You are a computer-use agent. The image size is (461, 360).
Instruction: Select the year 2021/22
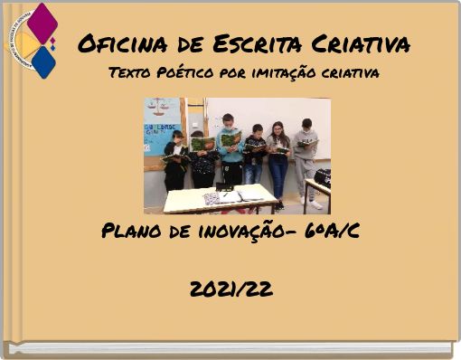(231, 289)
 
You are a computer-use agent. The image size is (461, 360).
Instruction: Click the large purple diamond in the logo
(42, 23)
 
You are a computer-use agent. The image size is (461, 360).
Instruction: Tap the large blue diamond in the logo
(42, 62)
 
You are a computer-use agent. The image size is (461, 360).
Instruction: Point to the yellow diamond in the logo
(27, 43)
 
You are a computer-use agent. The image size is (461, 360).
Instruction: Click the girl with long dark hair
(278, 158)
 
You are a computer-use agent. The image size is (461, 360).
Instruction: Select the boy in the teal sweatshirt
(230, 149)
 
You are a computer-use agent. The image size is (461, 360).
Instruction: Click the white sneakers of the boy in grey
(315, 204)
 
